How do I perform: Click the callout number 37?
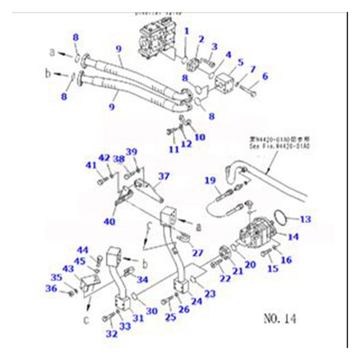point(164,176)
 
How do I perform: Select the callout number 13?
point(305,219)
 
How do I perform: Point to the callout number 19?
point(209,180)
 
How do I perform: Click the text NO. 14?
point(279,318)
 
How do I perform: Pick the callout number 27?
point(197,253)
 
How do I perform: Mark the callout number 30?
point(151,311)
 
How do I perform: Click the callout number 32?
point(111,334)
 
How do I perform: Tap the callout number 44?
point(84,250)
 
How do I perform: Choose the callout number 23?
point(210,293)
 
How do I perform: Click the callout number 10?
point(200,137)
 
